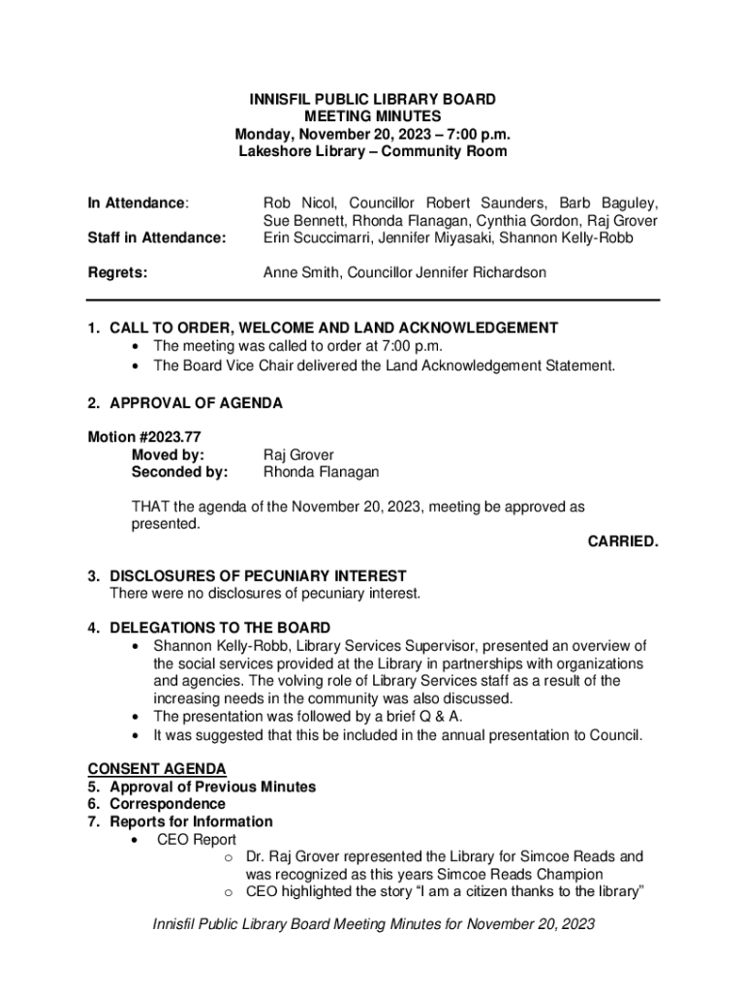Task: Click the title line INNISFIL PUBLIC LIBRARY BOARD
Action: (372, 100)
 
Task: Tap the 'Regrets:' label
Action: (117, 272)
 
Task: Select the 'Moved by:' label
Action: (168, 455)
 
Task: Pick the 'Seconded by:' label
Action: (179, 472)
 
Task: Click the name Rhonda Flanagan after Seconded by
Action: (321, 472)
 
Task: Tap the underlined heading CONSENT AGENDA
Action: (157, 769)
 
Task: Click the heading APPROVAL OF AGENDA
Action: (196, 402)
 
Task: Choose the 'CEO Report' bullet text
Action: (196, 839)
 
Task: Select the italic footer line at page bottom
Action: (373, 924)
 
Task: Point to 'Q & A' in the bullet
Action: (440, 717)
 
